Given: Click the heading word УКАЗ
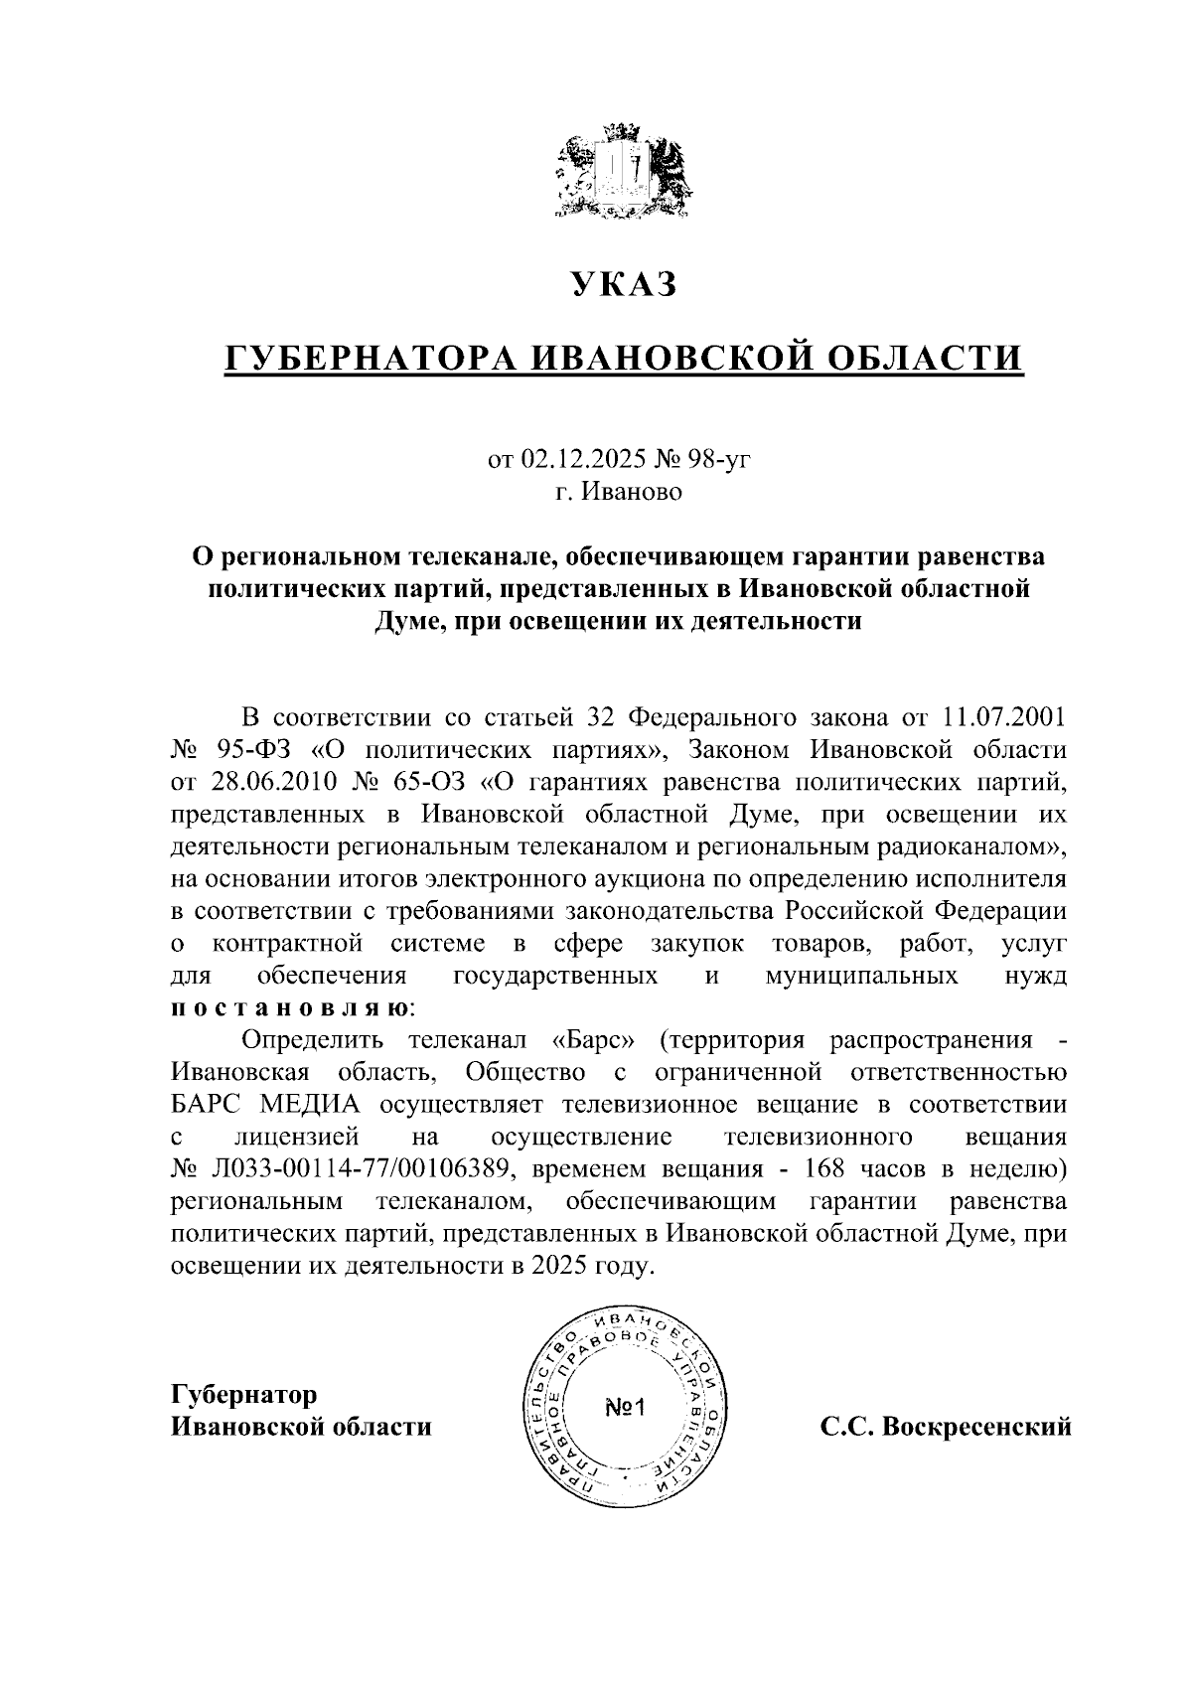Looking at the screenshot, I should pos(624,285).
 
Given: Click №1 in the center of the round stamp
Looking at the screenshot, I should pos(625,1408).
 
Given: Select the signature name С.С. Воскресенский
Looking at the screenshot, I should pos(946,1428).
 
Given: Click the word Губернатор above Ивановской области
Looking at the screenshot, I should pos(244,1395).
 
